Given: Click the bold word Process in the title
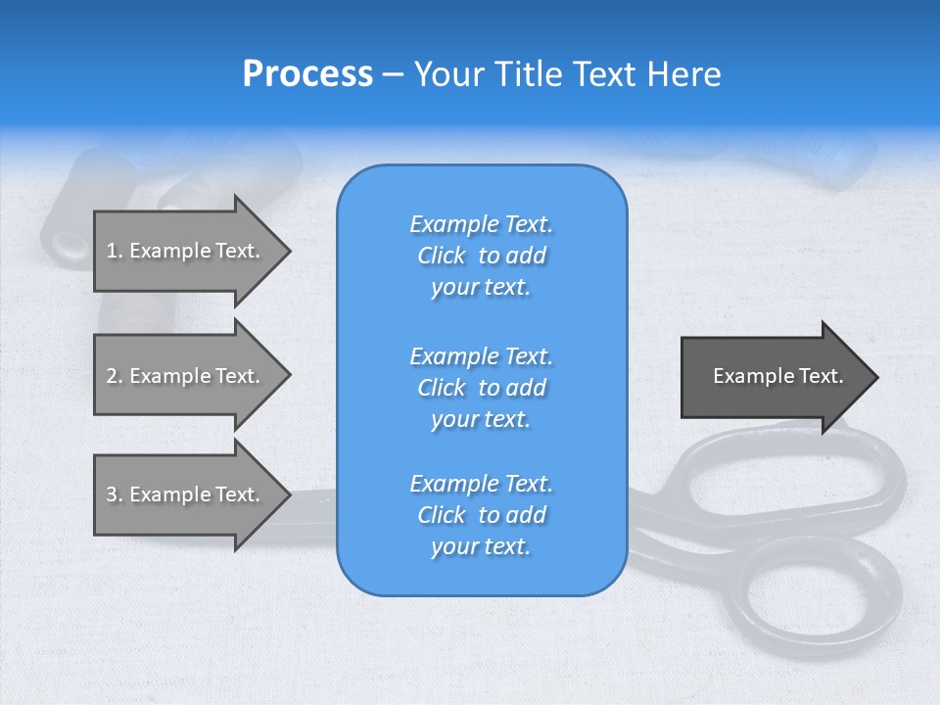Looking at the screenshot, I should click(x=307, y=74).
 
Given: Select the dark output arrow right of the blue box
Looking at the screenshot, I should click(x=774, y=377).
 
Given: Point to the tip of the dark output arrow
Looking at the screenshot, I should click(x=874, y=377).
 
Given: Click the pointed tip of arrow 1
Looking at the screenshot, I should click(x=287, y=251).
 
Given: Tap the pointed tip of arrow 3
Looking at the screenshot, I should click(x=287, y=494).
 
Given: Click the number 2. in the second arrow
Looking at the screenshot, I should click(x=115, y=376).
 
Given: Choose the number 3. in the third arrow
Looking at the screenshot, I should click(x=115, y=494).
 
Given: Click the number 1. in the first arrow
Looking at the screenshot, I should click(x=115, y=251).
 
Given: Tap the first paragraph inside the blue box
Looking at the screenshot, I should click(x=481, y=256).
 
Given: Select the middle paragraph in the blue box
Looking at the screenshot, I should click(x=481, y=388).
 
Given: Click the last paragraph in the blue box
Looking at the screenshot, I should click(x=481, y=515).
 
